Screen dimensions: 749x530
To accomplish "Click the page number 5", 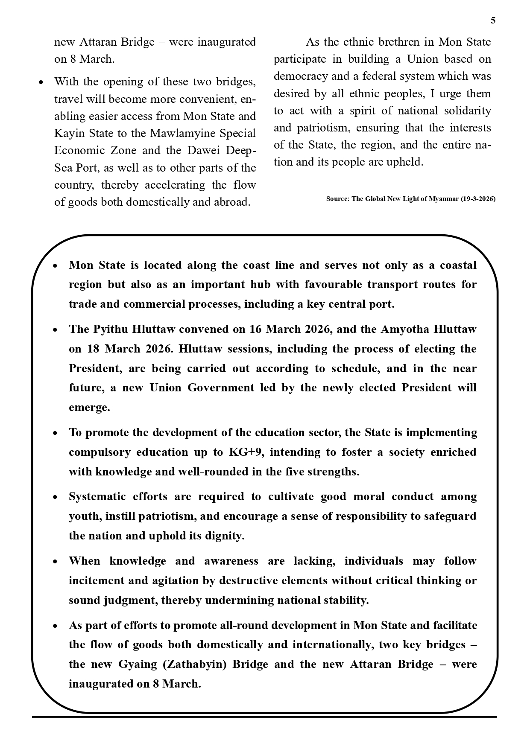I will point(493,20).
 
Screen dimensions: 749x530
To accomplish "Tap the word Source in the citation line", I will point(337,199).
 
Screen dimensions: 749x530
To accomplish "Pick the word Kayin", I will point(70,133).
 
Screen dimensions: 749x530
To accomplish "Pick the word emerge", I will point(89,407).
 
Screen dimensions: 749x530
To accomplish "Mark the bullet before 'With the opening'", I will point(41,82).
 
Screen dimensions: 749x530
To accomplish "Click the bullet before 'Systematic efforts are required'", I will point(55,497).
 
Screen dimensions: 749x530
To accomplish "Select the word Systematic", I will point(97,496).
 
